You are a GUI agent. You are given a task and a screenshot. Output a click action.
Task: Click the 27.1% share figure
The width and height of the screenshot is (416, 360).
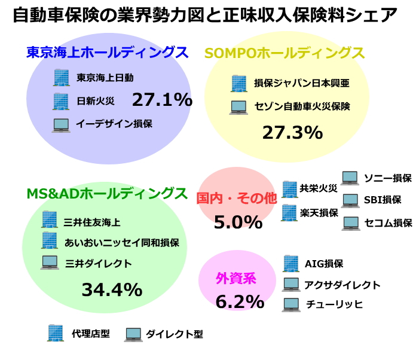point(162,99)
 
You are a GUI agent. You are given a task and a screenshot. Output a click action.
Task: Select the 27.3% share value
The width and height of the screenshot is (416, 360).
point(292,132)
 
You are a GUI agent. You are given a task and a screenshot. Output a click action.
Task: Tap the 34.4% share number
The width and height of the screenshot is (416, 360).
point(112,290)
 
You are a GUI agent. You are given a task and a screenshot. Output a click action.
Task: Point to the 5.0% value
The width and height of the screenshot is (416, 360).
point(238,222)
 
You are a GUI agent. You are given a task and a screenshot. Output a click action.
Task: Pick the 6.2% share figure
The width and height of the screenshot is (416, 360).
point(240,301)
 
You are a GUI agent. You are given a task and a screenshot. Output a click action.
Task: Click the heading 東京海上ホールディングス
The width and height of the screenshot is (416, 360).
point(108,53)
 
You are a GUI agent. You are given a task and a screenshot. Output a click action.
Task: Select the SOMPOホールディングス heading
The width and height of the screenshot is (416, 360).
point(285,53)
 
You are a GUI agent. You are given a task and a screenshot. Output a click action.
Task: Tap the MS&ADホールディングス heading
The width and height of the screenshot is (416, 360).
point(106,194)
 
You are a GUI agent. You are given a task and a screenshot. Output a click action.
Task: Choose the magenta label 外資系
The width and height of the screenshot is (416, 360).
point(235,278)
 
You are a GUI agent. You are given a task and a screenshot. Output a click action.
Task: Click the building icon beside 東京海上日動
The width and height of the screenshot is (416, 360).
point(62,78)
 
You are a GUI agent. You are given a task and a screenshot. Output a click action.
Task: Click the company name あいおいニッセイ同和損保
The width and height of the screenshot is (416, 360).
point(121,243)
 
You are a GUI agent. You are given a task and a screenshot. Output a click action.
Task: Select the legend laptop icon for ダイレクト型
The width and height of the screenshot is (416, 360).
point(133,334)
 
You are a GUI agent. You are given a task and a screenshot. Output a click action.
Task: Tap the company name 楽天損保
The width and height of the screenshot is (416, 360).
point(319,212)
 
